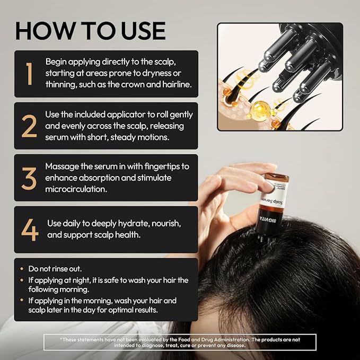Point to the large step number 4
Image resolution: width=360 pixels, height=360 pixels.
[x=30, y=229]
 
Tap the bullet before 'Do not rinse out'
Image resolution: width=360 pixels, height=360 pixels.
[x=21, y=269]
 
